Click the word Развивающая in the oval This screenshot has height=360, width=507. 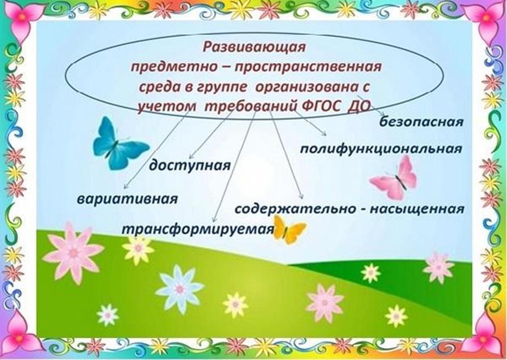click(254, 47)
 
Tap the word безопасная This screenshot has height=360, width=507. click(421, 122)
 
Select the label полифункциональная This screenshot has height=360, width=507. click(381, 149)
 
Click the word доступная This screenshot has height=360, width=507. click(190, 165)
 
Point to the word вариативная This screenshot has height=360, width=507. click(127, 198)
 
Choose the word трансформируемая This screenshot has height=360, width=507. click(198, 229)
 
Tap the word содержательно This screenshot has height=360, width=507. click(295, 209)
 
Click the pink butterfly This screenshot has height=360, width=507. click(395, 179)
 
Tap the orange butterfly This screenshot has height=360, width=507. click(288, 229)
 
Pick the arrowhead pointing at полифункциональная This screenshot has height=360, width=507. click(323, 133)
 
